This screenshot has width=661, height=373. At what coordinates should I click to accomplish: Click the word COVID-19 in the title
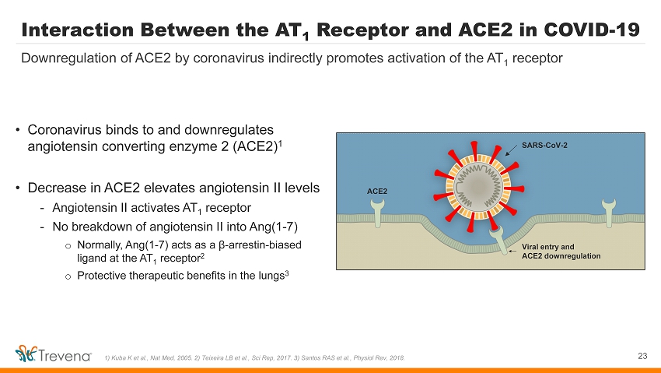(x=592, y=30)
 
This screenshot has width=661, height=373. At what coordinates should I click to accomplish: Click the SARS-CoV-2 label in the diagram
(x=544, y=146)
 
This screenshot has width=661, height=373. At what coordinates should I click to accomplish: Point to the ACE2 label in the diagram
(x=377, y=191)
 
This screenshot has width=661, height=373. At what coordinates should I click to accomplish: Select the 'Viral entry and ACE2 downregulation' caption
(x=561, y=252)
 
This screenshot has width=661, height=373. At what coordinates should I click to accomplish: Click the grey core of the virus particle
(x=478, y=186)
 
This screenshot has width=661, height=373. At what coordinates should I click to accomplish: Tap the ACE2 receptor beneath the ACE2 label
(x=377, y=213)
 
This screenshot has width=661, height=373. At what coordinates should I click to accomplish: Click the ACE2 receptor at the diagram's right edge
(x=609, y=213)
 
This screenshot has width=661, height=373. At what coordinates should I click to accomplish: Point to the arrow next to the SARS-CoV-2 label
(x=512, y=150)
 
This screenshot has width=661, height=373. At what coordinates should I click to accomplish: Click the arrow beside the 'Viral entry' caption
(x=512, y=251)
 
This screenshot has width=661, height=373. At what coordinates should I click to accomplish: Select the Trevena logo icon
(x=26, y=354)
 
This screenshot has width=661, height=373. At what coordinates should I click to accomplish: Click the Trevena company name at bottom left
(x=65, y=356)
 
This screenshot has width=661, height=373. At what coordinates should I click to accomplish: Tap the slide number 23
(x=642, y=356)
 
